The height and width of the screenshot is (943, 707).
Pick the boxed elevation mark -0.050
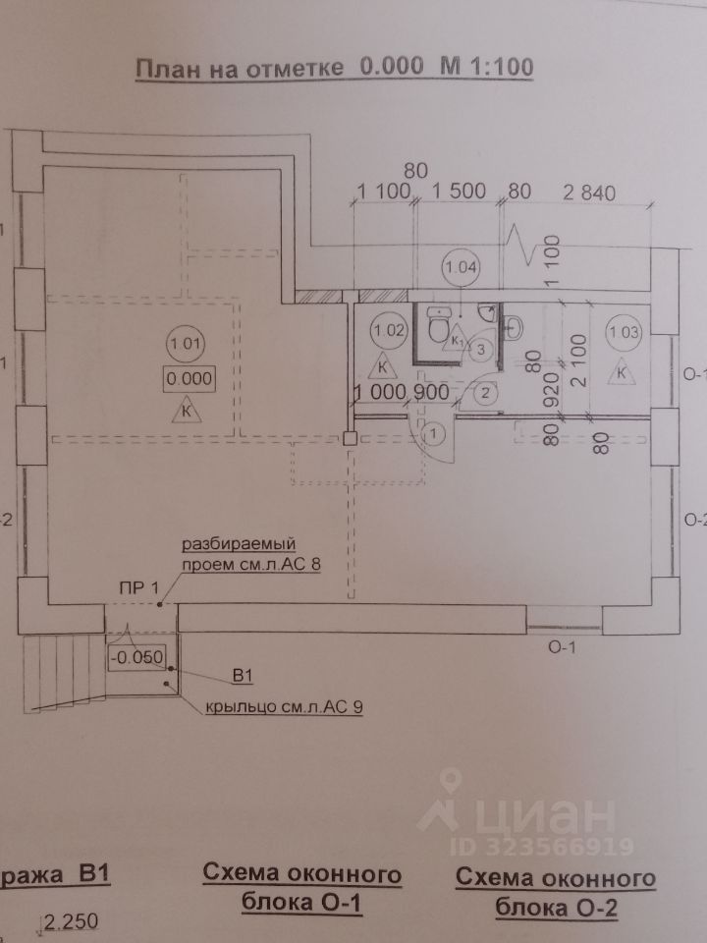(x=137, y=657)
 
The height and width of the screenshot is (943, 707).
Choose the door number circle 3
(x=481, y=348)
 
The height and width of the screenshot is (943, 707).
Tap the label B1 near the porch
(x=244, y=676)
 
